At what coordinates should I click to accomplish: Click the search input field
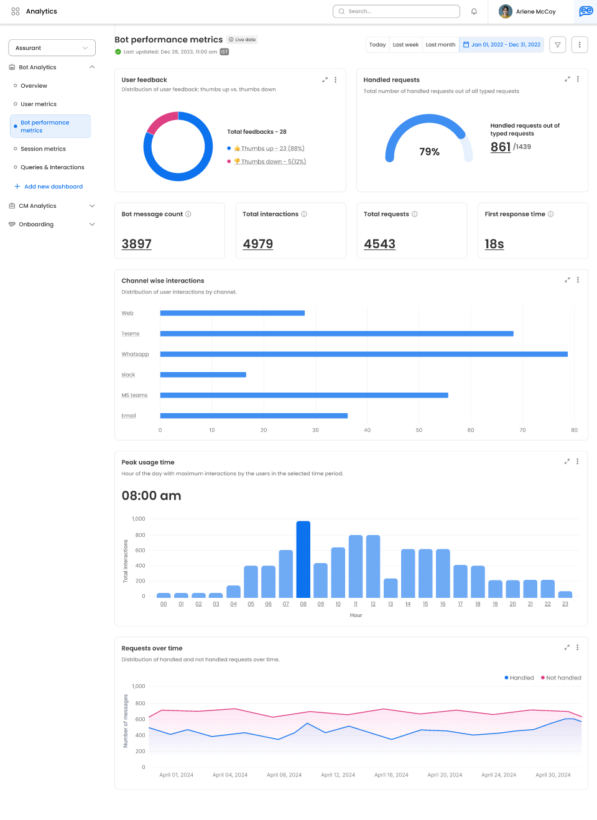click(x=398, y=11)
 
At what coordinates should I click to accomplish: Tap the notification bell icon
click(x=474, y=11)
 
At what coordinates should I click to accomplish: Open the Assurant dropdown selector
click(x=52, y=48)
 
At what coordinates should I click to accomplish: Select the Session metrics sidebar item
click(x=43, y=149)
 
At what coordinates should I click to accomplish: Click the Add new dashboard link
click(x=53, y=187)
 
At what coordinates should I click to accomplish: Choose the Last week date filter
click(x=405, y=45)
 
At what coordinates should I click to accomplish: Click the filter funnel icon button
click(x=558, y=45)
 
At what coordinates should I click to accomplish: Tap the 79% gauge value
click(x=429, y=152)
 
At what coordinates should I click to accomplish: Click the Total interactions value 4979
click(x=258, y=244)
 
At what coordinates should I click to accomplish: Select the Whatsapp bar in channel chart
click(x=364, y=354)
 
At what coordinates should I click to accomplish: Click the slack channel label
click(x=128, y=375)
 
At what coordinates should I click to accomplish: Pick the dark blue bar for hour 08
click(x=303, y=559)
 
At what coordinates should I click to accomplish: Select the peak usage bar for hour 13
click(x=391, y=588)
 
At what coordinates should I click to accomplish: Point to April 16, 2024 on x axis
click(x=391, y=775)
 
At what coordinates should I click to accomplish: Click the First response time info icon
click(x=551, y=214)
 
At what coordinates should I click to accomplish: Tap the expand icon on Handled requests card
click(x=567, y=79)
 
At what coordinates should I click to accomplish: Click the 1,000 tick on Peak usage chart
click(x=139, y=519)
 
